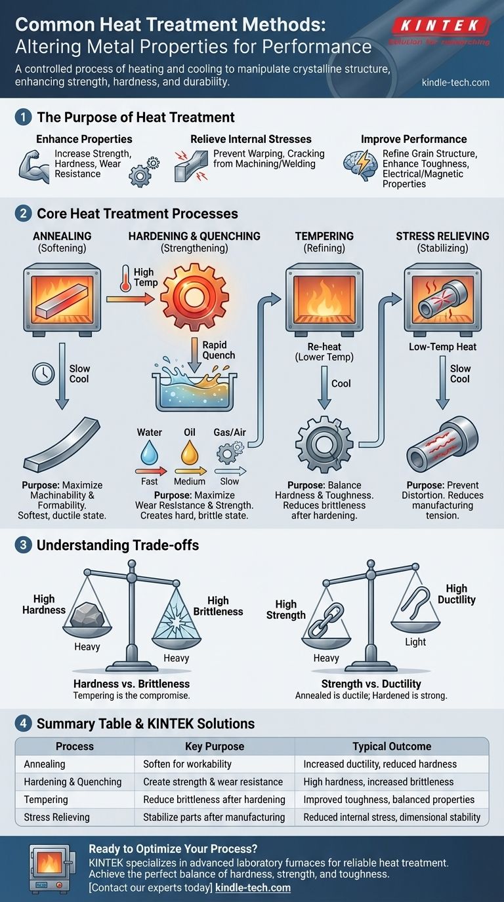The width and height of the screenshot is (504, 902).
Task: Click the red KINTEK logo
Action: click(440, 27)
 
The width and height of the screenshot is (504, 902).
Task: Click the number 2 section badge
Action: click(22, 214)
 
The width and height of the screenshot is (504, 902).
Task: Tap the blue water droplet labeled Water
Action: click(149, 453)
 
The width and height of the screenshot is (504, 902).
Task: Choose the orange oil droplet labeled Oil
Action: click(189, 452)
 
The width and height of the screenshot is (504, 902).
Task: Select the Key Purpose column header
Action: click(215, 746)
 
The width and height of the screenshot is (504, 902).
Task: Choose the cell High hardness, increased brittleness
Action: click(378, 781)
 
